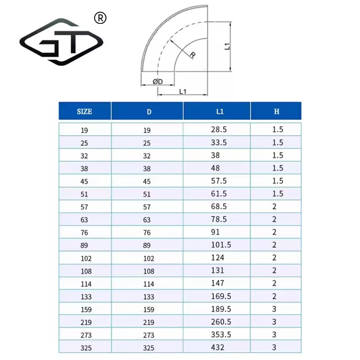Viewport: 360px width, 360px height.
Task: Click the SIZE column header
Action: tap(85, 112)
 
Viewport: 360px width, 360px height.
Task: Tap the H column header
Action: tap(277, 112)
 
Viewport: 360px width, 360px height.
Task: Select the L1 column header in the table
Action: tap(220, 112)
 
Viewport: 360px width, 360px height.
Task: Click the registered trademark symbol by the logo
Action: tap(100, 18)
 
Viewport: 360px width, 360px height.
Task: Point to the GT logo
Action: tap(62, 42)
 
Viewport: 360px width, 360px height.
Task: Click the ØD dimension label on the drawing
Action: tap(158, 81)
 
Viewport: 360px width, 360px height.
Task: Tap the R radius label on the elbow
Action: tap(193, 54)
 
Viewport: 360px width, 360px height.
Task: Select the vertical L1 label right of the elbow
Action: tap(227, 46)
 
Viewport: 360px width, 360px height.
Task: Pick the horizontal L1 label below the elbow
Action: tap(183, 92)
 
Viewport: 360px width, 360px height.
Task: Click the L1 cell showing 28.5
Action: tap(219, 130)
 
